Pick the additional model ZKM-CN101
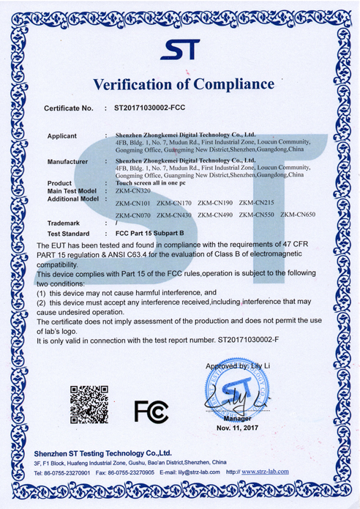click(132, 201)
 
